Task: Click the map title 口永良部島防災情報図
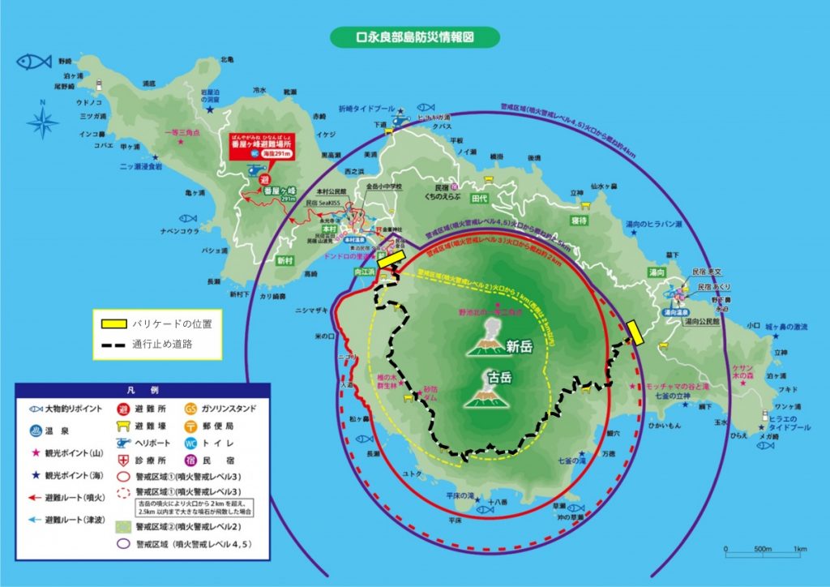[416, 37]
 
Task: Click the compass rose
[41, 121]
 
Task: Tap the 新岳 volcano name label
[520, 347]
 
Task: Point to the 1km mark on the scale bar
[799, 549]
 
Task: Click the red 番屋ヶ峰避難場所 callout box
[262, 145]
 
